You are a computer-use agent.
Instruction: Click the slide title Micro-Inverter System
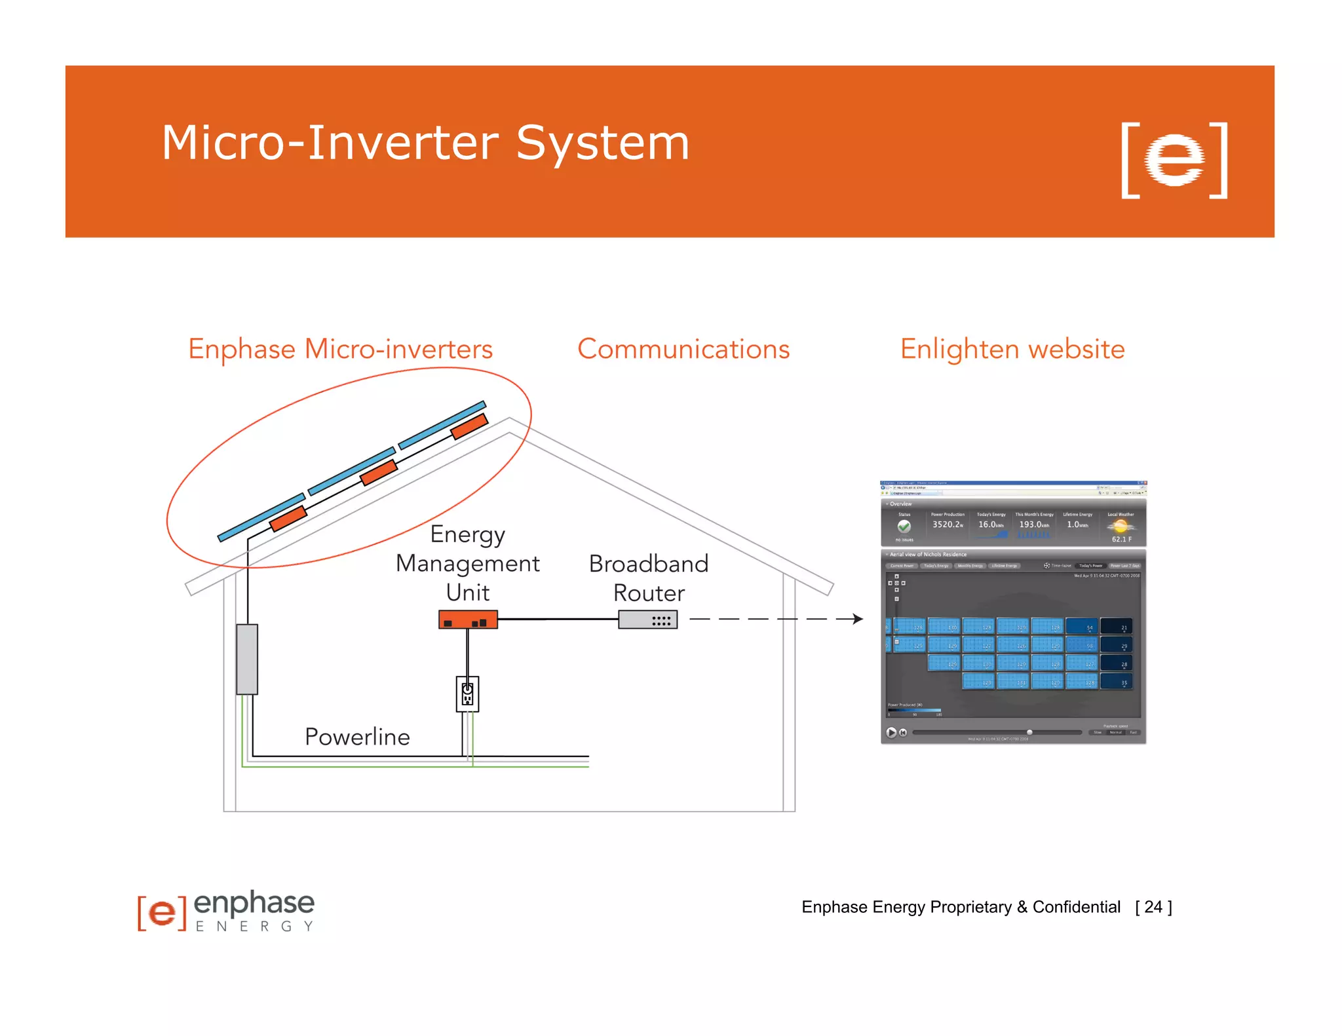[425, 143]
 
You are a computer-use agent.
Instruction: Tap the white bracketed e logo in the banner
[1174, 160]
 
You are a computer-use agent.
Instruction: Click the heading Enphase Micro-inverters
[340, 349]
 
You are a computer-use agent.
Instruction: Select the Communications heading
[683, 349]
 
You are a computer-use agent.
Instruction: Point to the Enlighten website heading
[1012, 349]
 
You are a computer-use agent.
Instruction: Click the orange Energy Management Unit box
[468, 620]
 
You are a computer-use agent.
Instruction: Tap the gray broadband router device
[648, 620]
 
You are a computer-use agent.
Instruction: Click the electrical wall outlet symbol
[467, 694]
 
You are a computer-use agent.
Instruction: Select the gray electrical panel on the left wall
[247, 659]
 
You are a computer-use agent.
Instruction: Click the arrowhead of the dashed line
[858, 619]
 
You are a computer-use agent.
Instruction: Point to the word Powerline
[357, 737]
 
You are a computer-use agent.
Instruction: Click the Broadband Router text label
[649, 578]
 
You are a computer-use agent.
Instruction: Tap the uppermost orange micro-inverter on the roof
[469, 426]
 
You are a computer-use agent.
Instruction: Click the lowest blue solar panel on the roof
[261, 517]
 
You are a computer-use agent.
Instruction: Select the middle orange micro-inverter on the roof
[379, 472]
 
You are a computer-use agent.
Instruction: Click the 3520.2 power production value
[948, 525]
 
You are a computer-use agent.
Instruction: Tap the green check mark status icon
[904, 526]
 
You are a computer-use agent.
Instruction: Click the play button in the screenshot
[891, 732]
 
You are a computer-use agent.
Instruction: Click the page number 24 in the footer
[1153, 907]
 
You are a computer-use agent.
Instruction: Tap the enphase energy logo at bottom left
[226, 911]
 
